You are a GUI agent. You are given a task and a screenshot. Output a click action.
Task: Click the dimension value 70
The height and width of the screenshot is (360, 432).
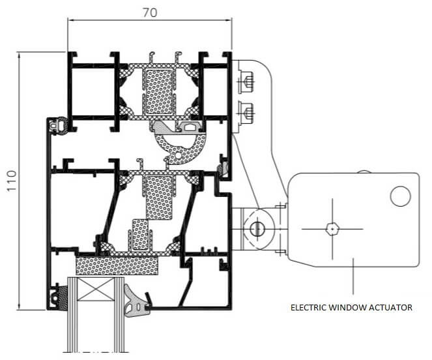coord(150,12)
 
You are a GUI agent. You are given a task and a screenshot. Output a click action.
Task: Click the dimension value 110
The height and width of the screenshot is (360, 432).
coord(12,181)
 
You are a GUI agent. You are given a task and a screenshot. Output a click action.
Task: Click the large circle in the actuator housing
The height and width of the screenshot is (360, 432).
coord(401,196)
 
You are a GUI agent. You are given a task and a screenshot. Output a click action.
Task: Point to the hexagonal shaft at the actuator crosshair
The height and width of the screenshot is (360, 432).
coord(332,229)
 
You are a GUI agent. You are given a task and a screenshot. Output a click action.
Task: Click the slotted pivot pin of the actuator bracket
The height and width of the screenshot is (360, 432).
coord(257,229)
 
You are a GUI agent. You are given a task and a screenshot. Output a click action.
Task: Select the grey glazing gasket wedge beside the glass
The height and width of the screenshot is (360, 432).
coord(136,301)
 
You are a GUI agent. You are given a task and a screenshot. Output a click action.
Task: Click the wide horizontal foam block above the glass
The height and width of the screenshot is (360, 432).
coord(117,266)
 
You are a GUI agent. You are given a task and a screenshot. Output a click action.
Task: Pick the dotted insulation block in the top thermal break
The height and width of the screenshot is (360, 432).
coord(159,92)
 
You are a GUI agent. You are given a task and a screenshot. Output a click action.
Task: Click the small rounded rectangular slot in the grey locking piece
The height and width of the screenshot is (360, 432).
coord(190,127)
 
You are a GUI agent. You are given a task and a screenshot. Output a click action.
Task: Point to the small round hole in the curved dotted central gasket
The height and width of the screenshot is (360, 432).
coord(179,156)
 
